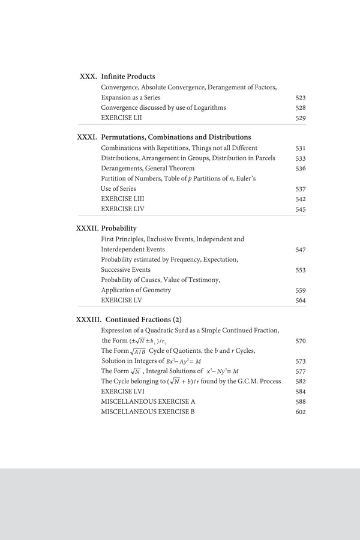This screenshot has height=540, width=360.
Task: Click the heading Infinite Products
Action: [x=128, y=77]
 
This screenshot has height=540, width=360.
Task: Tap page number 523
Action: [x=301, y=97]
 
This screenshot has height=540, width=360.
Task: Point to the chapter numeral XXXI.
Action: [x=87, y=137]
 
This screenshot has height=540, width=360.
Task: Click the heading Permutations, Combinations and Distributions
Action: [x=176, y=137]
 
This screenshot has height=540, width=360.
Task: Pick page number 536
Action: [x=301, y=169]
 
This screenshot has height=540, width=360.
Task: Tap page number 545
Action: [x=301, y=209]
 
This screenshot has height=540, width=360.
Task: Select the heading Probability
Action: [x=119, y=229]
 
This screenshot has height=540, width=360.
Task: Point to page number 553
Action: [x=301, y=270]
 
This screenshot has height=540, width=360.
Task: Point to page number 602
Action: [x=301, y=412]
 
